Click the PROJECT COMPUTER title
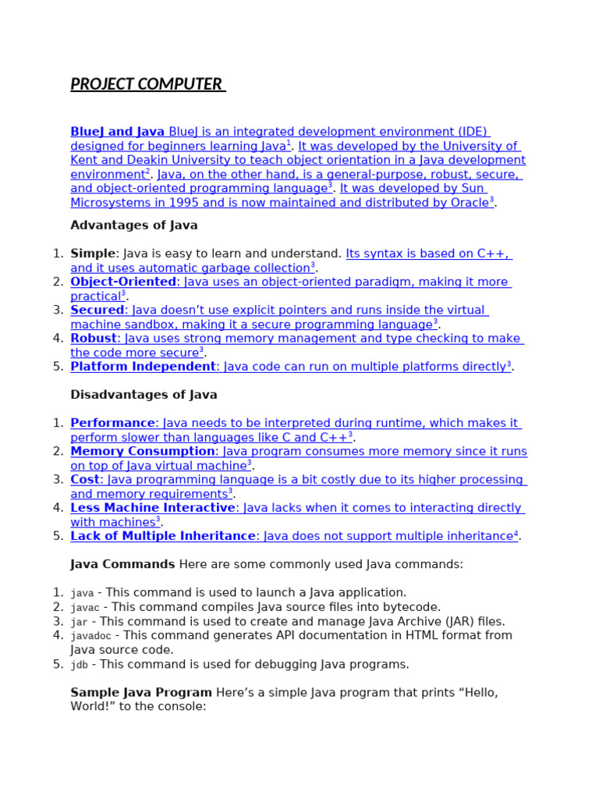pos(147,84)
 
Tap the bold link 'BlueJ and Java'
pos(117,132)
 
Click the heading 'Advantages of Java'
pos(133,225)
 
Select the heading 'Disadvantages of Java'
pos(144,395)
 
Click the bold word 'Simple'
pos(92,254)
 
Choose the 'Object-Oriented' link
pos(123,282)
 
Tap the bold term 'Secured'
pos(97,310)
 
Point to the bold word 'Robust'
pos(93,339)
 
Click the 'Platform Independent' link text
pos(143,367)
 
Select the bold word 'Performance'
pos(112,423)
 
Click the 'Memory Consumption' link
pos(143,451)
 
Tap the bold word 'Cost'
pos(85,480)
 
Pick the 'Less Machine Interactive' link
pos(152,508)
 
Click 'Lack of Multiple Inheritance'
pos(163,536)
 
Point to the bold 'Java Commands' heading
pos(122,564)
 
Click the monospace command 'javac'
pos(85,608)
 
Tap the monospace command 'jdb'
pos(79,665)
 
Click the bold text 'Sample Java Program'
pos(141,693)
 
